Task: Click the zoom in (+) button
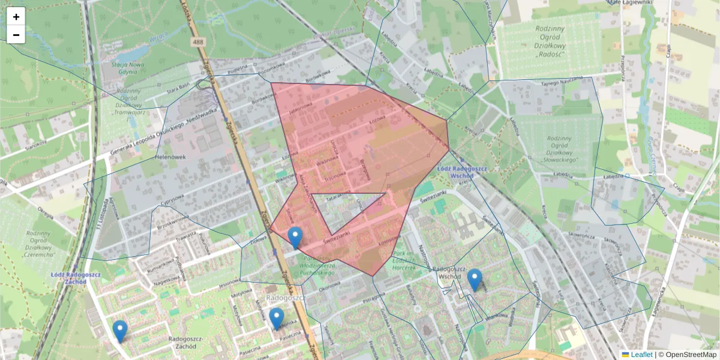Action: (16, 17)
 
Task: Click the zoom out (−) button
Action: (16, 35)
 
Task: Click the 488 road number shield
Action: (199, 42)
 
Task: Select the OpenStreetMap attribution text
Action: (687, 355)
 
